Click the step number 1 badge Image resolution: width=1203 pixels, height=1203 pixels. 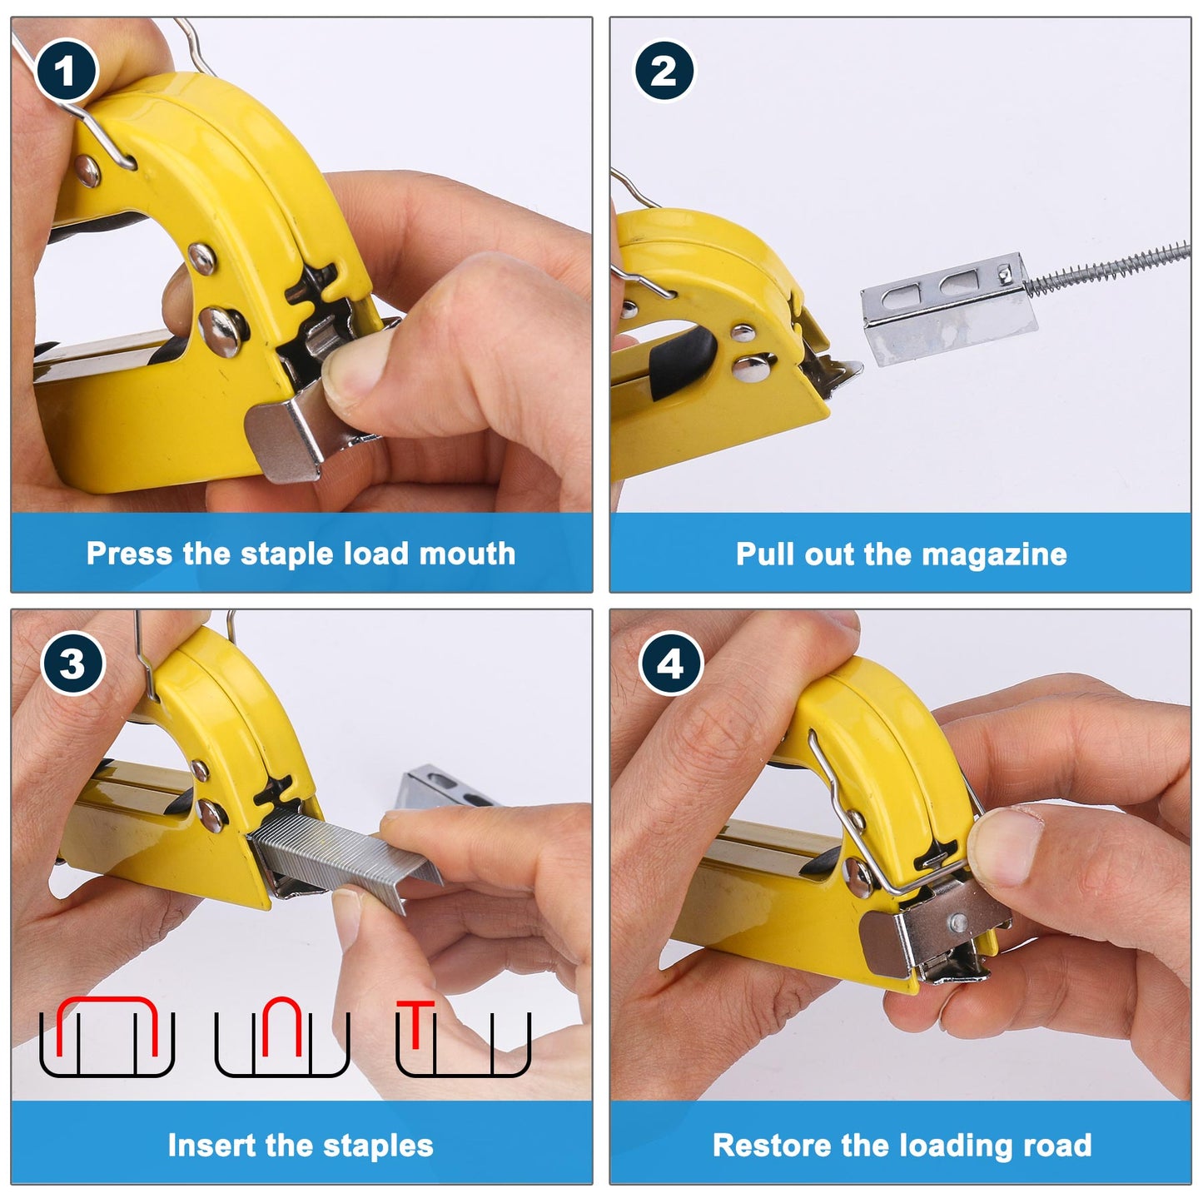[x=66, y=71]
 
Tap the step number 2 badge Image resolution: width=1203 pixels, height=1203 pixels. [x=664, y=70]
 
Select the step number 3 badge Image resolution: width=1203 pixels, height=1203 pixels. [x=72, y=663]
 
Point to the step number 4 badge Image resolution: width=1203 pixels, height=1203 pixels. [x=670, y=664]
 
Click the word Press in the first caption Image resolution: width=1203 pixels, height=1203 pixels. [x=129, y=553]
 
